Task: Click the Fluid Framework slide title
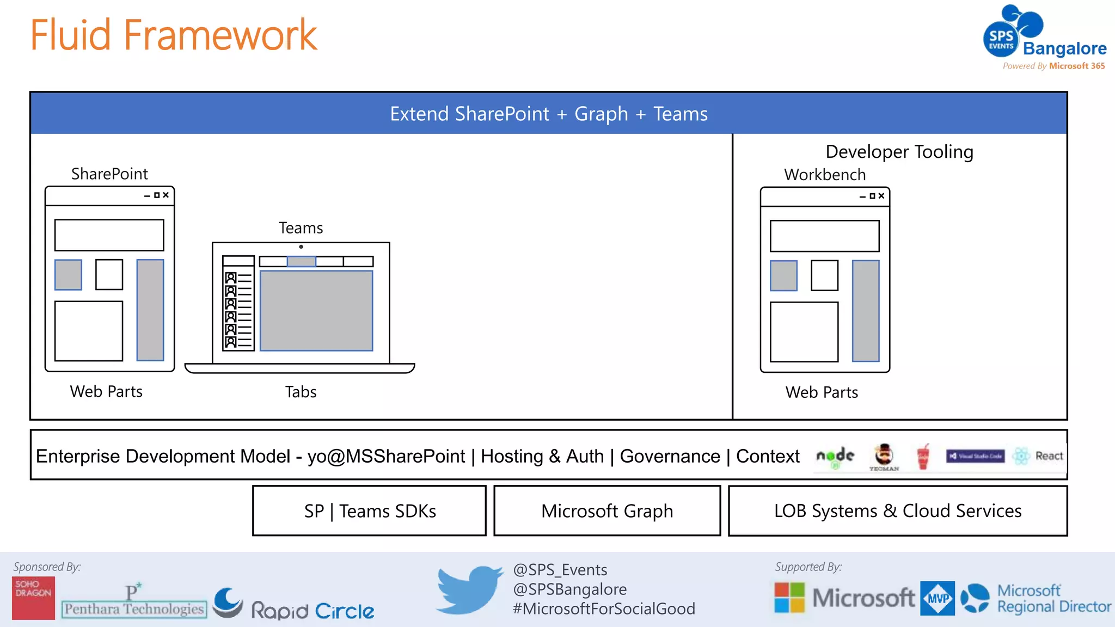click(x=173, y=35)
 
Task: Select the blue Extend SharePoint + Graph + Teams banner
click(x=549, y=114)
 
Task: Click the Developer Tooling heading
click(x=899, y=152)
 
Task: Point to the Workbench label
click(x=825, y=175)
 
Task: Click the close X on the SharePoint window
click(x=166, y=195)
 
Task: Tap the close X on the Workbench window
click(x=881, y=196)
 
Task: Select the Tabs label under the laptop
click(x=301, y=392)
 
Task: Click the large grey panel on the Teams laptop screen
click(x=316, y=310)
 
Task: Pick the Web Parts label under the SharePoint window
click(x=106, y=391)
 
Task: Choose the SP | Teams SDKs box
click(x=370, y=511)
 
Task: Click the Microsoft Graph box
click(x=607, y=511)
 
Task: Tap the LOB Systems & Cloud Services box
click(x=898, y=511)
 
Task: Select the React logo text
click(x=1049, y=456)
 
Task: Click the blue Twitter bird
click(x=469, y=589)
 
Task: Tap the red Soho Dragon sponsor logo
click(x=33, y=598)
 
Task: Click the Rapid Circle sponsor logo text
click(x=313, y=611)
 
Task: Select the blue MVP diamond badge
click(x=938, y=598)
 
